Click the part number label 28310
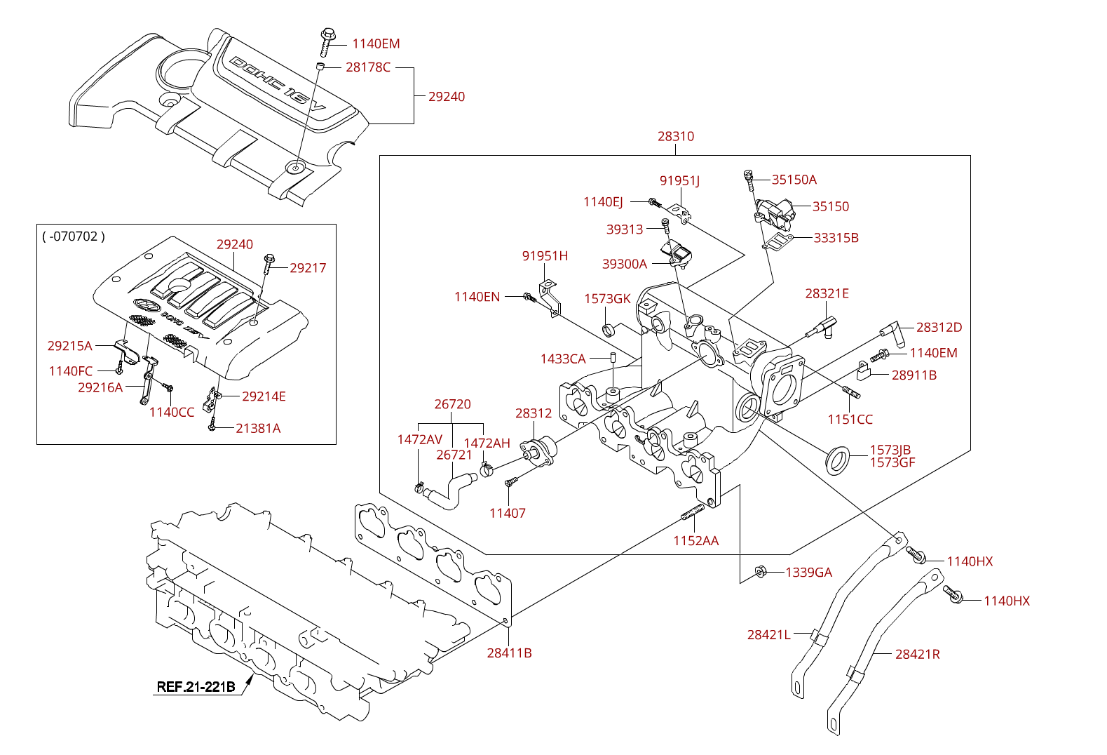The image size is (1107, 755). (x=675, y=136)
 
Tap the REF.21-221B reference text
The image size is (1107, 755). (x=196, y=687)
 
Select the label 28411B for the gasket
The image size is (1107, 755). (x=509, y=653)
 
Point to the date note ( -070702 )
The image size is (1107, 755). (x=74, y=236)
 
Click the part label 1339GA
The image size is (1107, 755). (x=808, y=573)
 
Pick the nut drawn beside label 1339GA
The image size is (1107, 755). (x=760, y=573)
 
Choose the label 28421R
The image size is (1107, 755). (x=917, y=654)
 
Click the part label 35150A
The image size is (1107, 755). (x=794, y=180)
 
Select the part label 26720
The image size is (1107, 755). (x=452, y=404)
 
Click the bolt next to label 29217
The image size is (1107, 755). (x=269, y=263)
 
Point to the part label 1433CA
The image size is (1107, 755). (x=562, y=359)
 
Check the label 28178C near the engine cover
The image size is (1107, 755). (x=368, y=67)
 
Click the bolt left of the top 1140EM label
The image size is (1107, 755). (x=327, y=41)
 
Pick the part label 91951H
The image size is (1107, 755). (x=545, y=256)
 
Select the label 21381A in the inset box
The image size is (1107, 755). (x=258, y=429)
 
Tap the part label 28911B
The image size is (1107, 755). (x=914, y=375)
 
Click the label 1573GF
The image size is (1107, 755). (x=892, y=462)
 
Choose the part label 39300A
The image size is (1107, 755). (x=624, y=265)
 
